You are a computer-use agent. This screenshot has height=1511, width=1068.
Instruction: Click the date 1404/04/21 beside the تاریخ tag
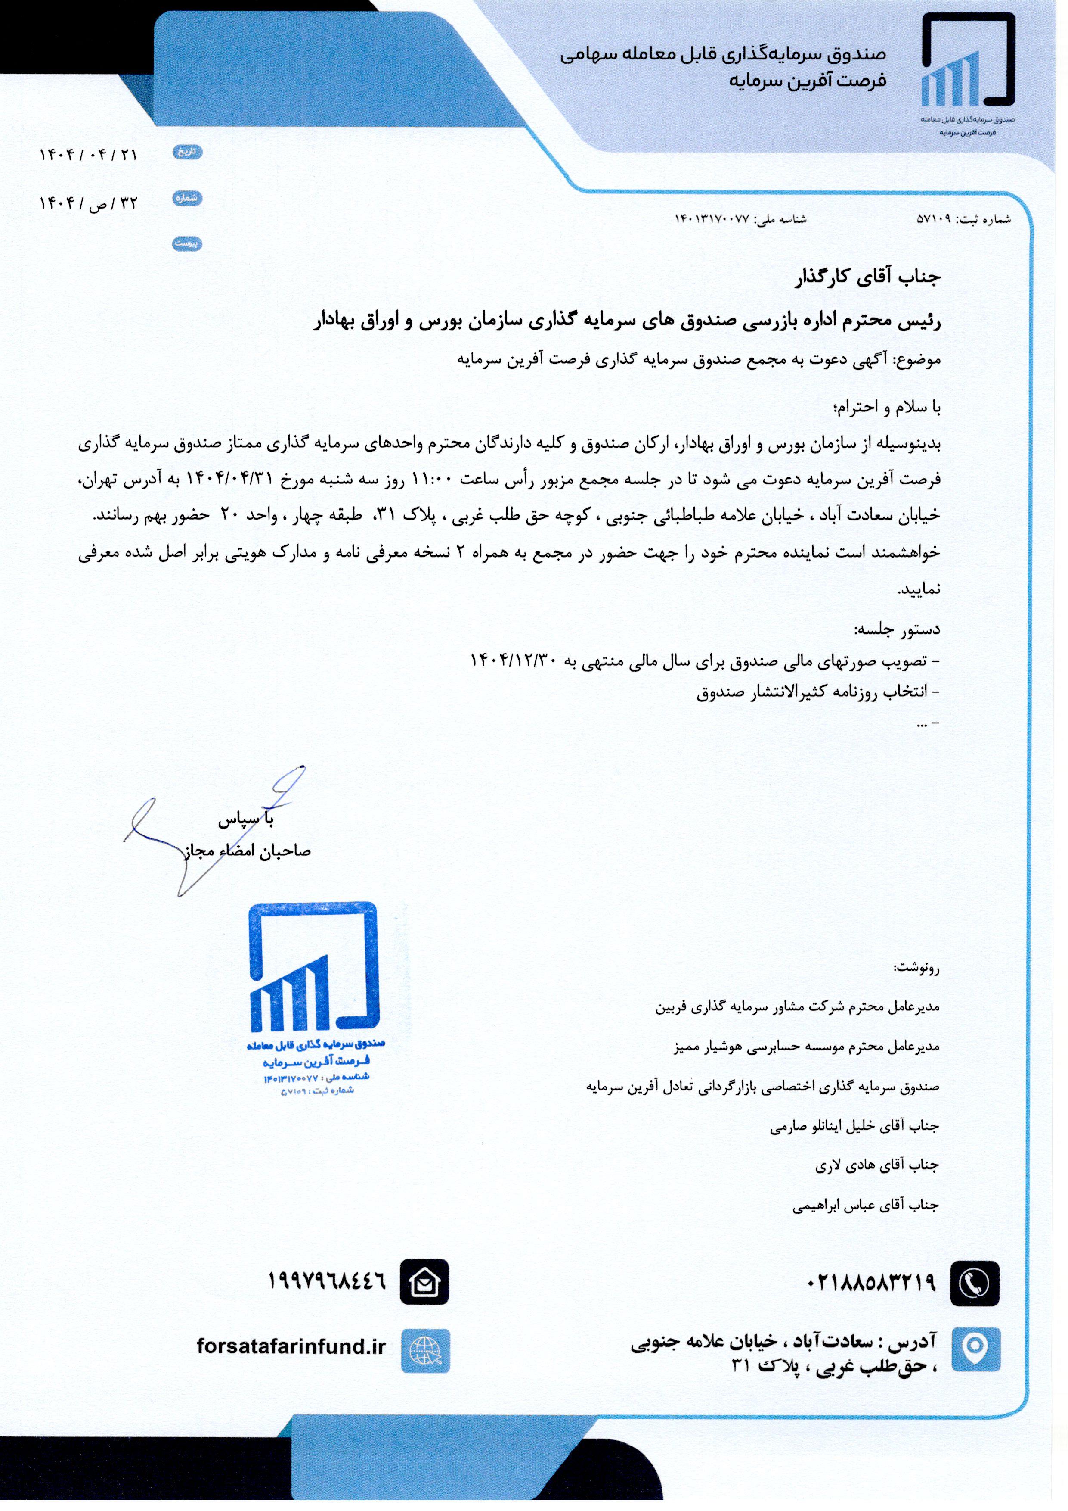[89, 155]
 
